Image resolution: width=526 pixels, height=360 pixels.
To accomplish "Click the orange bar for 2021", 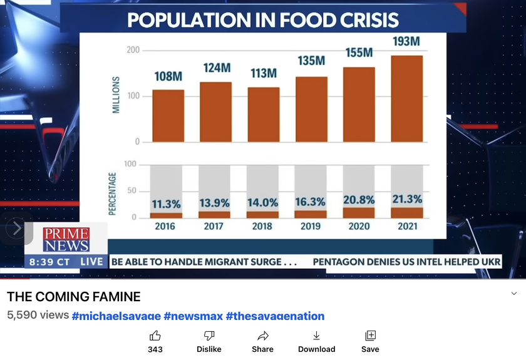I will (406, 98).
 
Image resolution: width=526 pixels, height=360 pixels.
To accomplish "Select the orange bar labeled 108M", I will (168, 115).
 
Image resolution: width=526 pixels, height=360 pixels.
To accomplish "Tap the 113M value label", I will (264, 73).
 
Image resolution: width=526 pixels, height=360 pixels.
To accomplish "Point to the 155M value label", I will (359, 53).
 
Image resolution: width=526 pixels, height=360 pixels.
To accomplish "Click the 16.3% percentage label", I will (311, 203).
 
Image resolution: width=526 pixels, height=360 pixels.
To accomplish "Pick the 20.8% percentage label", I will (359, 200).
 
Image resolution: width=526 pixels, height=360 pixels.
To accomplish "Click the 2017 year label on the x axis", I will (214, 226).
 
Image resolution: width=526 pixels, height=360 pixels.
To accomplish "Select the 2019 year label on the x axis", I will (311, 226).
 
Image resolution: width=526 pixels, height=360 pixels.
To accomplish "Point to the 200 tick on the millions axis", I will (133, 50).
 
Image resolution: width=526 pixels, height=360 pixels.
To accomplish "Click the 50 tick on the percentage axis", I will (132, 191).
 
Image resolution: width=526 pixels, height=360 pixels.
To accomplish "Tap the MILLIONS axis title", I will (116, 95).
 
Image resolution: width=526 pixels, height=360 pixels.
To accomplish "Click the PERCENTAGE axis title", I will (113, 194).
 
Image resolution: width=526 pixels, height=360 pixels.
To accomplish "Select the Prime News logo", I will (66, 239).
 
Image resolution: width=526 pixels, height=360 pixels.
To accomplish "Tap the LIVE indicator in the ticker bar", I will (92, 262).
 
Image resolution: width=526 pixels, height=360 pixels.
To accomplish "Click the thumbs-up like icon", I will (155, 336).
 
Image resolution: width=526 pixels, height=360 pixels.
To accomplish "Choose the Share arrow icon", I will (263, 336).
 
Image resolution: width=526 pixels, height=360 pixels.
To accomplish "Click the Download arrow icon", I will (316, 336).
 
